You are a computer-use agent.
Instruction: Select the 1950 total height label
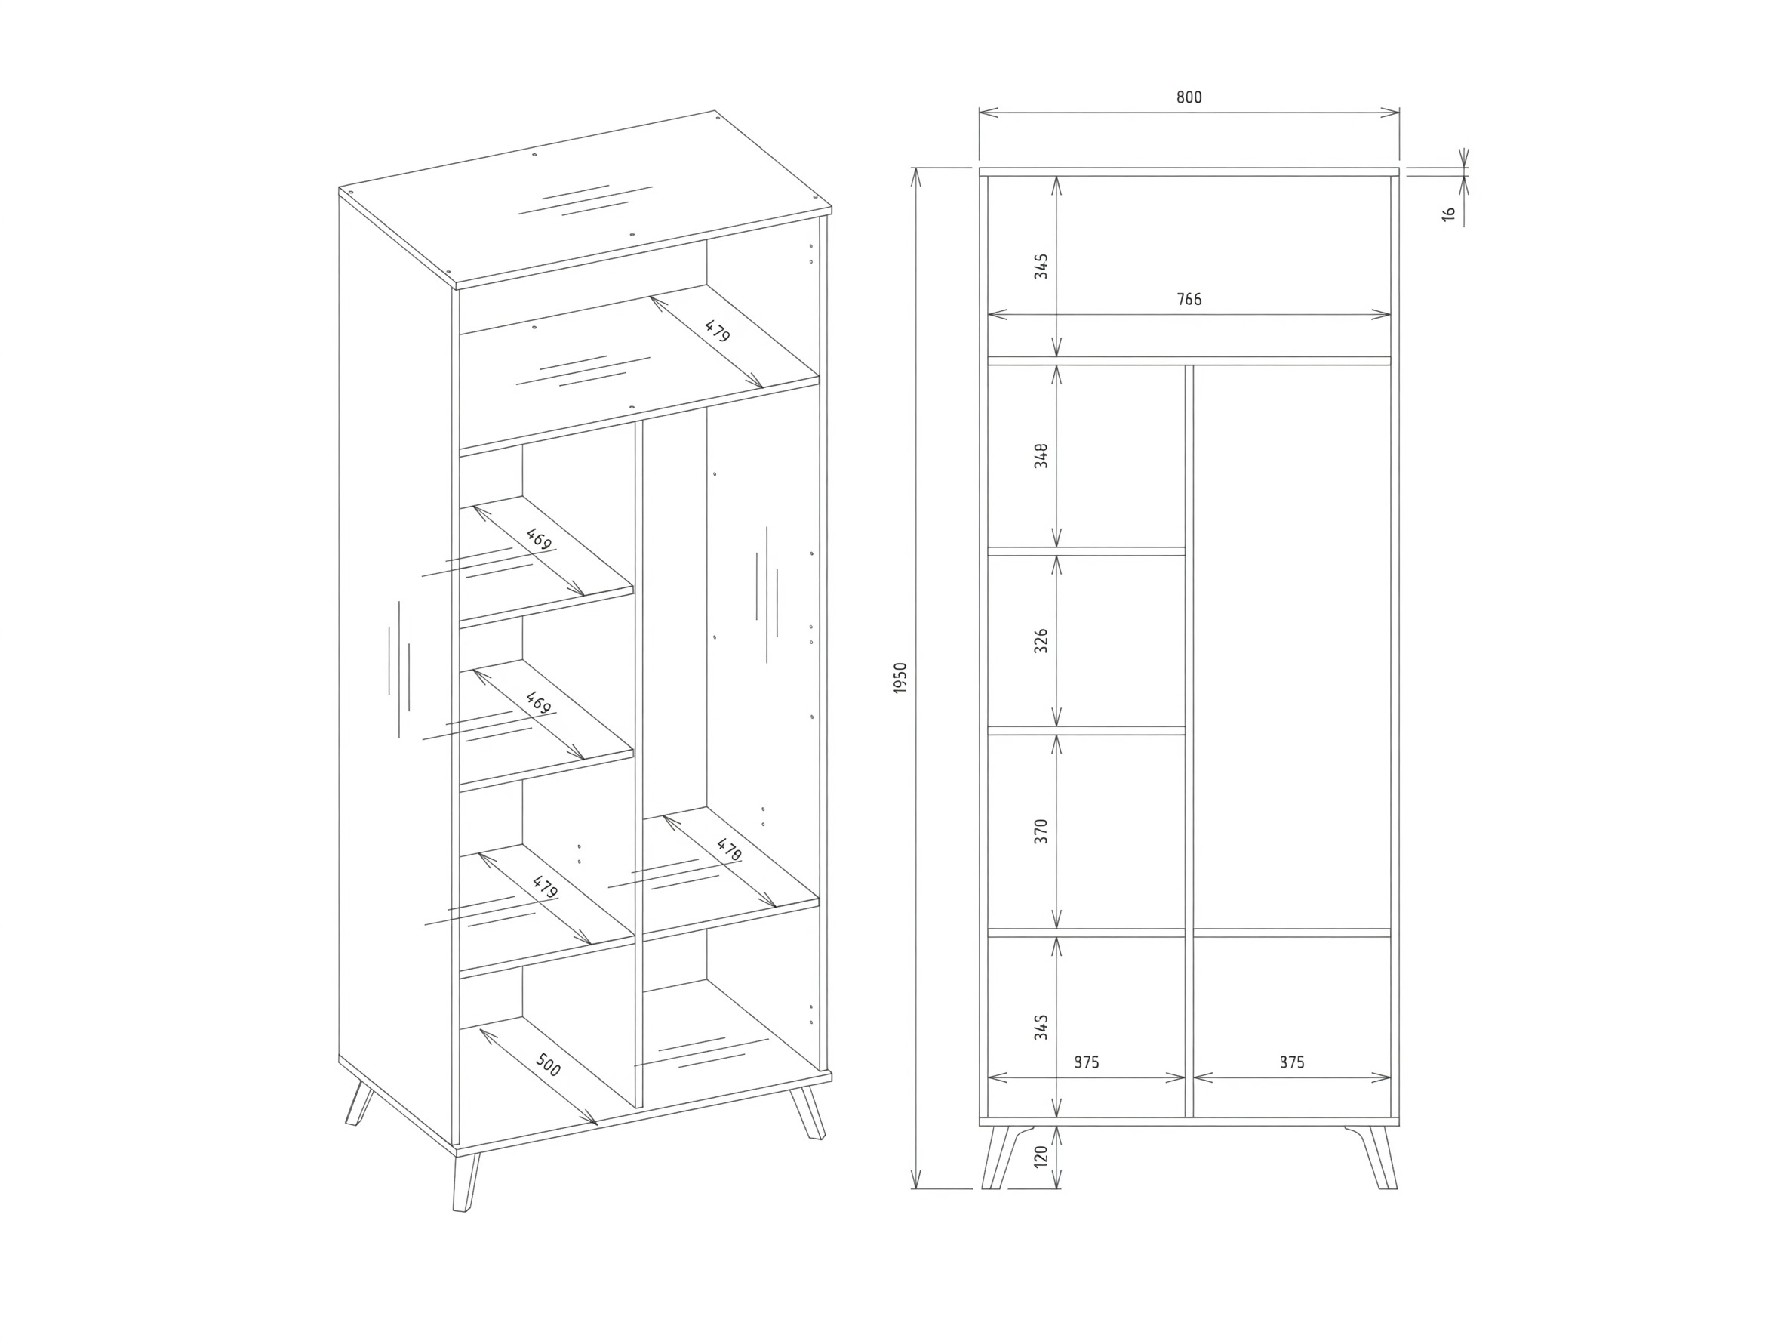tap(901, 678)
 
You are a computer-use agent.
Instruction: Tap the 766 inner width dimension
tap(1189, 300)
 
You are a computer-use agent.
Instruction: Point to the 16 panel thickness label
tap(1448, 214)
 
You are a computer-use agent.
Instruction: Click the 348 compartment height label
tap(1041, 456)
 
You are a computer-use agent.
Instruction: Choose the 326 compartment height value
tap(1041, 640)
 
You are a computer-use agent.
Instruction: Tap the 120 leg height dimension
tap(1041, 1156)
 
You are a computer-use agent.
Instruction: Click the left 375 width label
tap(1087, 1062)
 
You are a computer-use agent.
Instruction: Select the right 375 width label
tap(1292, 1062)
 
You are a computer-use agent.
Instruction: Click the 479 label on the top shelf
tap(718, 331)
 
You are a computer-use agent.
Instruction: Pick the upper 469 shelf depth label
tap(538, 539)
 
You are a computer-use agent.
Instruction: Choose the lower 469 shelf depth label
tap(538, 702)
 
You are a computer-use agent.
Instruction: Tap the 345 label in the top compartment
tap(1041, 266)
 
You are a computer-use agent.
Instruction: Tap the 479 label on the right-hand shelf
tap(729, 849)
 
